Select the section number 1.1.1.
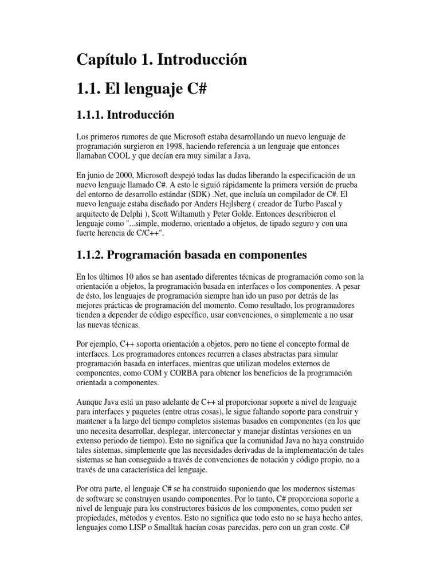tap(93, 115)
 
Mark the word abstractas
tap(260, 353)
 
